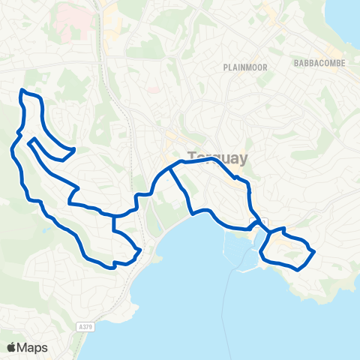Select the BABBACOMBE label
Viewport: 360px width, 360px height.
pyautogui.click(x=320, y=63)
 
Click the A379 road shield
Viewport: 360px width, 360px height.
pyautogui.click(x=85, y=326)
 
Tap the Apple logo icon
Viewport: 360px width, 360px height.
pyautogui.click(x=11, y=347)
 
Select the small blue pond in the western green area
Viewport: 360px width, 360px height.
pyautogui.click(x=46, y=229)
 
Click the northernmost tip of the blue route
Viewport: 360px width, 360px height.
pyautogui.click(x=22, y=91)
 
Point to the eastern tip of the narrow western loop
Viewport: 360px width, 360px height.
pyautogui.click(x=73, y=150)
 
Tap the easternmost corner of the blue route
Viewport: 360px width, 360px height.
pyautogui.click(x=313, y=251)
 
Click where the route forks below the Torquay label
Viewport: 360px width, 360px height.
pyautogui.click(x=171, y=168)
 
